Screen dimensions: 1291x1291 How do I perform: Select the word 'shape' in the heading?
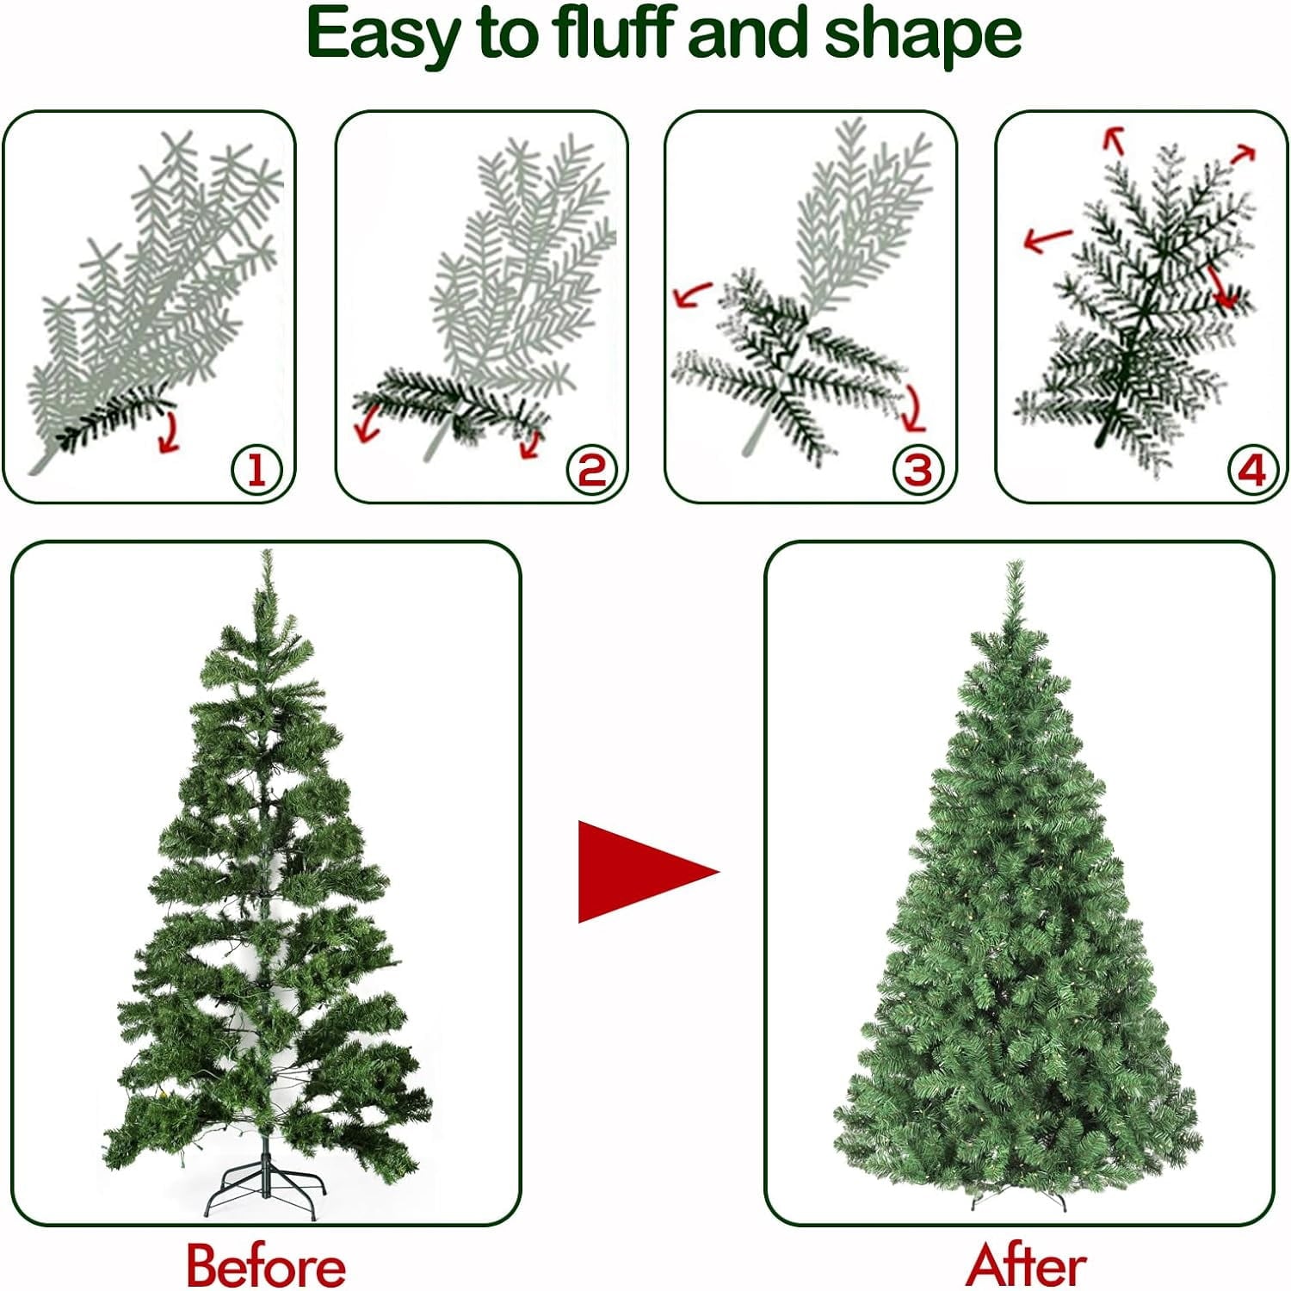coord(922,36)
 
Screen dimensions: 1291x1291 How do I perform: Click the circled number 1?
coord(257,470)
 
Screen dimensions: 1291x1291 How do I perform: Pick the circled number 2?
coord(592,470)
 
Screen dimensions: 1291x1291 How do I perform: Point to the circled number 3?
coord(919,470)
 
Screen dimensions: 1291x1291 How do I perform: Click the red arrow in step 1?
coord(170,433)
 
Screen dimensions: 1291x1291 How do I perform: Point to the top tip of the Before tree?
coord(268,551)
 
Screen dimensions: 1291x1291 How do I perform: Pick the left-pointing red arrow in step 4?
coord(1048,239)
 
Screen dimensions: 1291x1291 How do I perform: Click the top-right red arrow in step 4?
coord(1243,154)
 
